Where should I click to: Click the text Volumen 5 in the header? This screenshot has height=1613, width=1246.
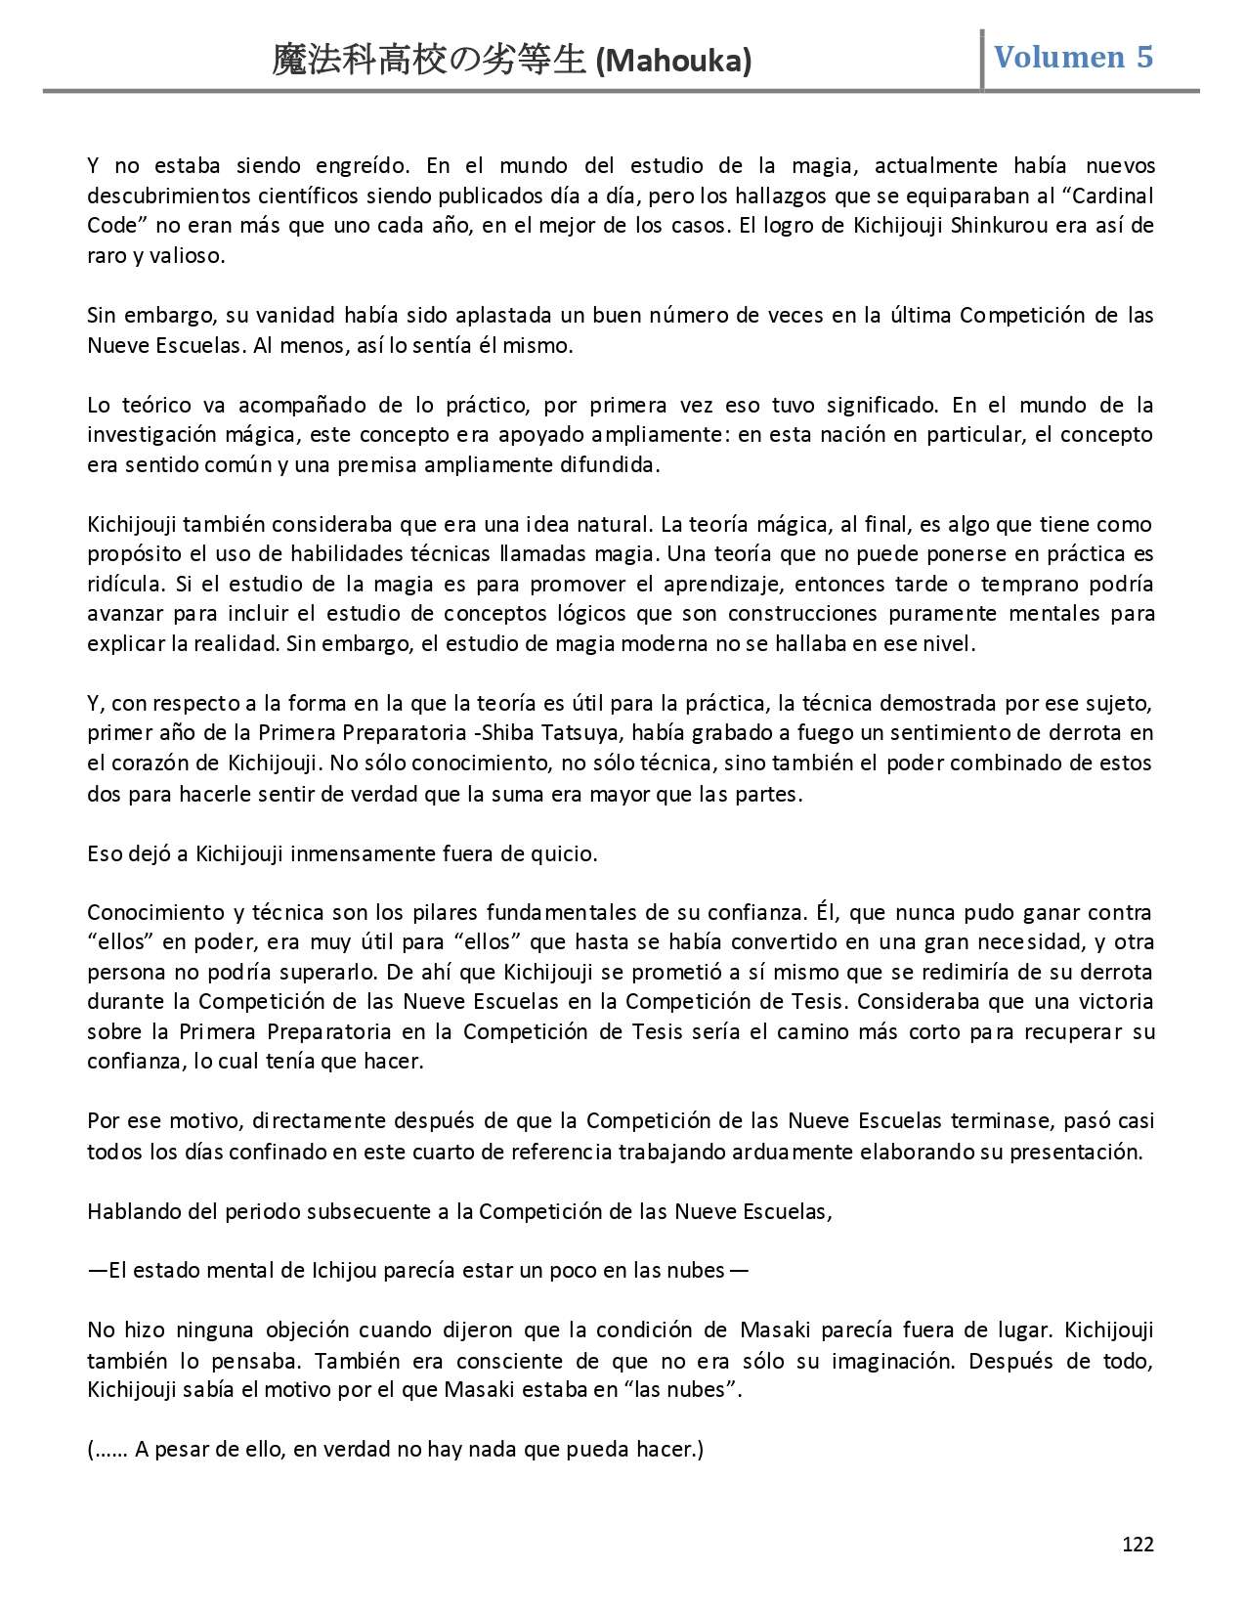1073,57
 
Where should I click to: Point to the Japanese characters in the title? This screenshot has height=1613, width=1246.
431,62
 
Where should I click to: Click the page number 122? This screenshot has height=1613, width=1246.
1138,1544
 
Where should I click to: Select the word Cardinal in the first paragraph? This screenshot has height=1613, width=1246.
1115,196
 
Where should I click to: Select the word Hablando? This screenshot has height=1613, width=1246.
128,1211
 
